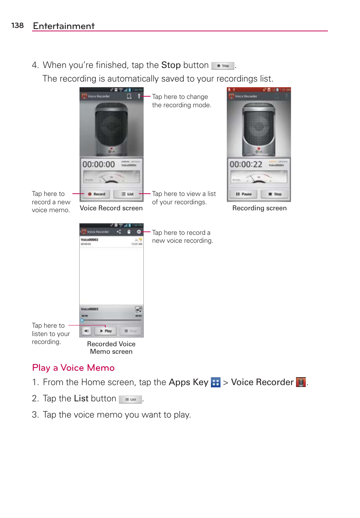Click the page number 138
17,25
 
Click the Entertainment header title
64,26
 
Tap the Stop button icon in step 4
223,66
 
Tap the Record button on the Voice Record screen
97,194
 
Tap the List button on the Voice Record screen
128,194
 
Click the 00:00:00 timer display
98,165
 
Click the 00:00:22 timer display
246,165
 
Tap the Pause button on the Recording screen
244,194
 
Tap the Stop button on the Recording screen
275,194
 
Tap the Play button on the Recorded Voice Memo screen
106,331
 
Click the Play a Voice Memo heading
73,368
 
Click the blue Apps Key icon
215,382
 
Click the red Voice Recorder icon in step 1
301,382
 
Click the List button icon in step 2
131,399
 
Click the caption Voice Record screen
111,208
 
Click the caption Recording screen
259,208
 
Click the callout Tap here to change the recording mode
181,101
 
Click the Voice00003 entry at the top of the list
90,240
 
